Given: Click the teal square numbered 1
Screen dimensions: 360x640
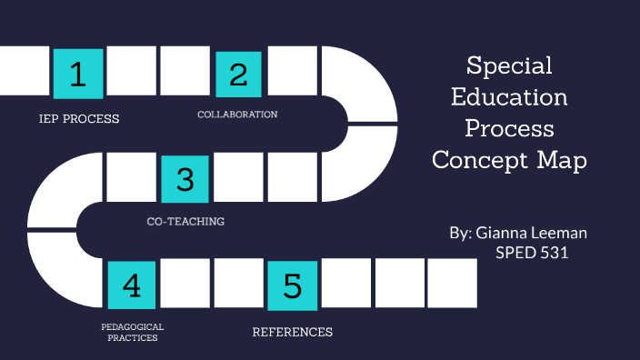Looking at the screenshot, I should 78,74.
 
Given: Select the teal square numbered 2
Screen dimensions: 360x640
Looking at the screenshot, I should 238,74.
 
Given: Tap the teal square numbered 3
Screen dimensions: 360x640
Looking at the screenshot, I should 185,178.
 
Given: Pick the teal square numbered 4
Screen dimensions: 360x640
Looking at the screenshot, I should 132,285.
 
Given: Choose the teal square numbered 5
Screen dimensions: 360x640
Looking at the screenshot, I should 292,285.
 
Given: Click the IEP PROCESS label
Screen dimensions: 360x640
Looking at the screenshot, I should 79,119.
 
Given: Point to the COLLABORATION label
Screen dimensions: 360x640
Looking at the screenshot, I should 237,115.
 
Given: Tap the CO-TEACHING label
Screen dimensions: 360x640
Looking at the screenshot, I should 185,221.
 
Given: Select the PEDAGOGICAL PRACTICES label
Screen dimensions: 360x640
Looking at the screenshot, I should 133,332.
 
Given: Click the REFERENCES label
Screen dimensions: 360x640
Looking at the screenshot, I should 292,332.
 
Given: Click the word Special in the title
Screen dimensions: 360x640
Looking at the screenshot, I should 509,66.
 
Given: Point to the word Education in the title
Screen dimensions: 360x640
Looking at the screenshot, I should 509,97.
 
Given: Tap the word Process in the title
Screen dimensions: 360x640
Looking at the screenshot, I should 509,129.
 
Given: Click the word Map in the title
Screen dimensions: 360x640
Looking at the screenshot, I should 563,161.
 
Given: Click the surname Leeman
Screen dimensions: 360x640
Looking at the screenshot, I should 560,233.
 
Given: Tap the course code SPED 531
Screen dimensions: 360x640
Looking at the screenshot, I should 532,253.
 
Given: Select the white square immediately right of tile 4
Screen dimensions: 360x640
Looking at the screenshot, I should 185,285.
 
